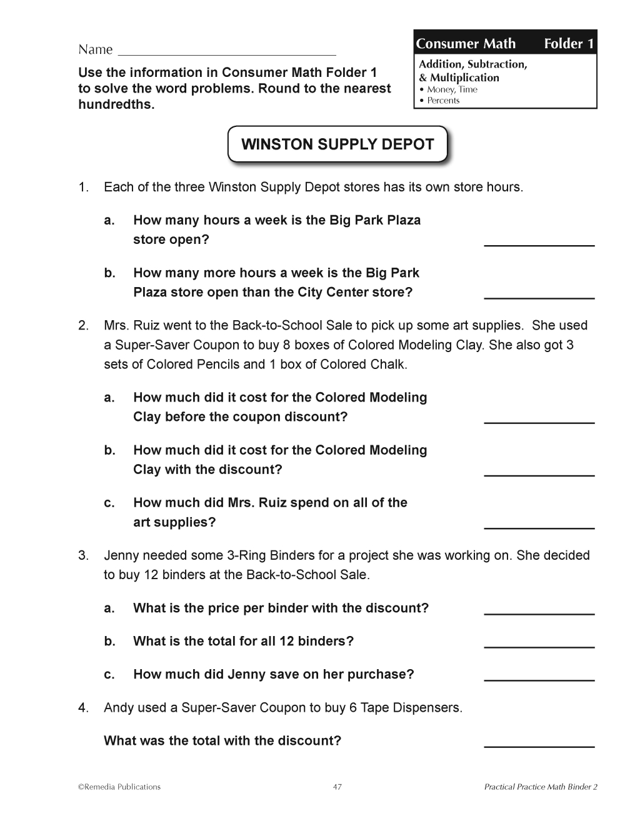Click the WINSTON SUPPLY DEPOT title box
click(337, 144)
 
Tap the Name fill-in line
click(226, 54)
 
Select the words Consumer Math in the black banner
click(466, 44)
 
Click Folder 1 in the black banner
click(568, 44)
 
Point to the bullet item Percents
click(443, 101)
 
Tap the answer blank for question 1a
click(539, 244)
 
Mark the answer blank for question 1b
click(539, 296)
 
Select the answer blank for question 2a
click(539, 422)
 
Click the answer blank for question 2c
click(539, 527)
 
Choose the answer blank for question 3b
click(539, 645)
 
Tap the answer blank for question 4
click(539, 745)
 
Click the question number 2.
click(83, 325)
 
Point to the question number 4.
click(83, 708)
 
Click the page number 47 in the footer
click(337, 787)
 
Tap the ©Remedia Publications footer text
click(119, 787)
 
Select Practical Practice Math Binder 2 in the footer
click(541, 787)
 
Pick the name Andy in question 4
click(117, 708)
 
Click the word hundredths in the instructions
click(116, 104)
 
